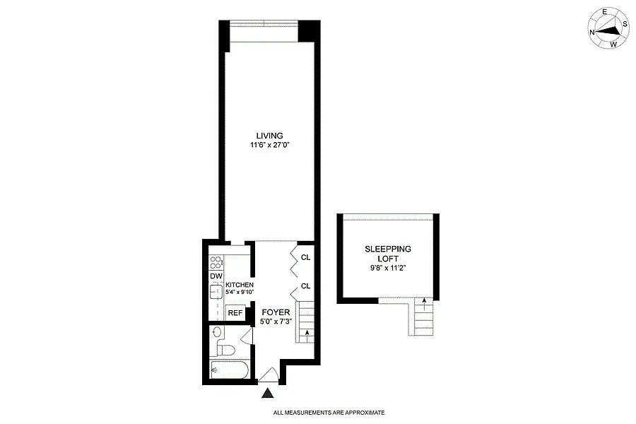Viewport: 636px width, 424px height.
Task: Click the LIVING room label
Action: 269,136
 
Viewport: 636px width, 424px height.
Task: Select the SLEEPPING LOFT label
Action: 388,254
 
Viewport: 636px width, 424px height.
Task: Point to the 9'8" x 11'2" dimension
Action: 388,268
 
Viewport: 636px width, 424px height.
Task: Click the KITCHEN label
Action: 240,285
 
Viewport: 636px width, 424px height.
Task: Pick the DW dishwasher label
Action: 216,276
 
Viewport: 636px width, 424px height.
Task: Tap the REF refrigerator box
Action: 235,313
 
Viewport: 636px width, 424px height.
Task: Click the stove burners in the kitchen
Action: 216,262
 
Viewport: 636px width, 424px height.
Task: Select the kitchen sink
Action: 215,291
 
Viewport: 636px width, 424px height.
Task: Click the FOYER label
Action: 276,312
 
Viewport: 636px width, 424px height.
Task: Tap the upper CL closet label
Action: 306,258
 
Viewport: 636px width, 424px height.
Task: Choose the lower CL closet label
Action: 306,286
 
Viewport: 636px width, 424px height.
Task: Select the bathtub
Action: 228,370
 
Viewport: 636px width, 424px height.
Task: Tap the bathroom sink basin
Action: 218,332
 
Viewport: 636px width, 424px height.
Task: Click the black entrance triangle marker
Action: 267,393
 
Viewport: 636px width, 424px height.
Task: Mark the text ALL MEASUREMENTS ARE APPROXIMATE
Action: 329,413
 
